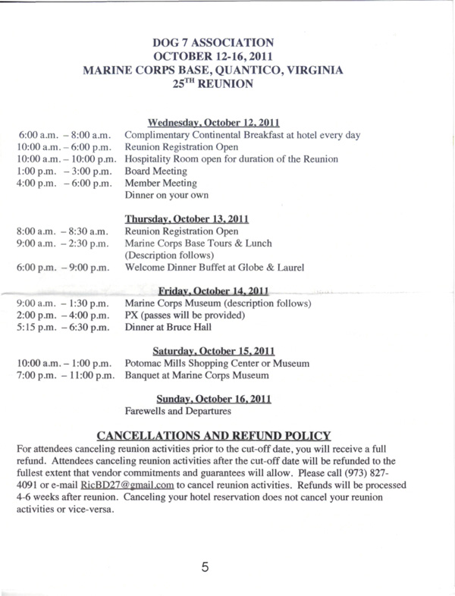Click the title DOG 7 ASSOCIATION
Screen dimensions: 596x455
pyautogui.click(x=218, y=44)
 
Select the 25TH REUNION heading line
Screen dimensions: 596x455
pyautogui.click(x=218, y=86)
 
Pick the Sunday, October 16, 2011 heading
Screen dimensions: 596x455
pyautogui.click(x=214, y=398)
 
